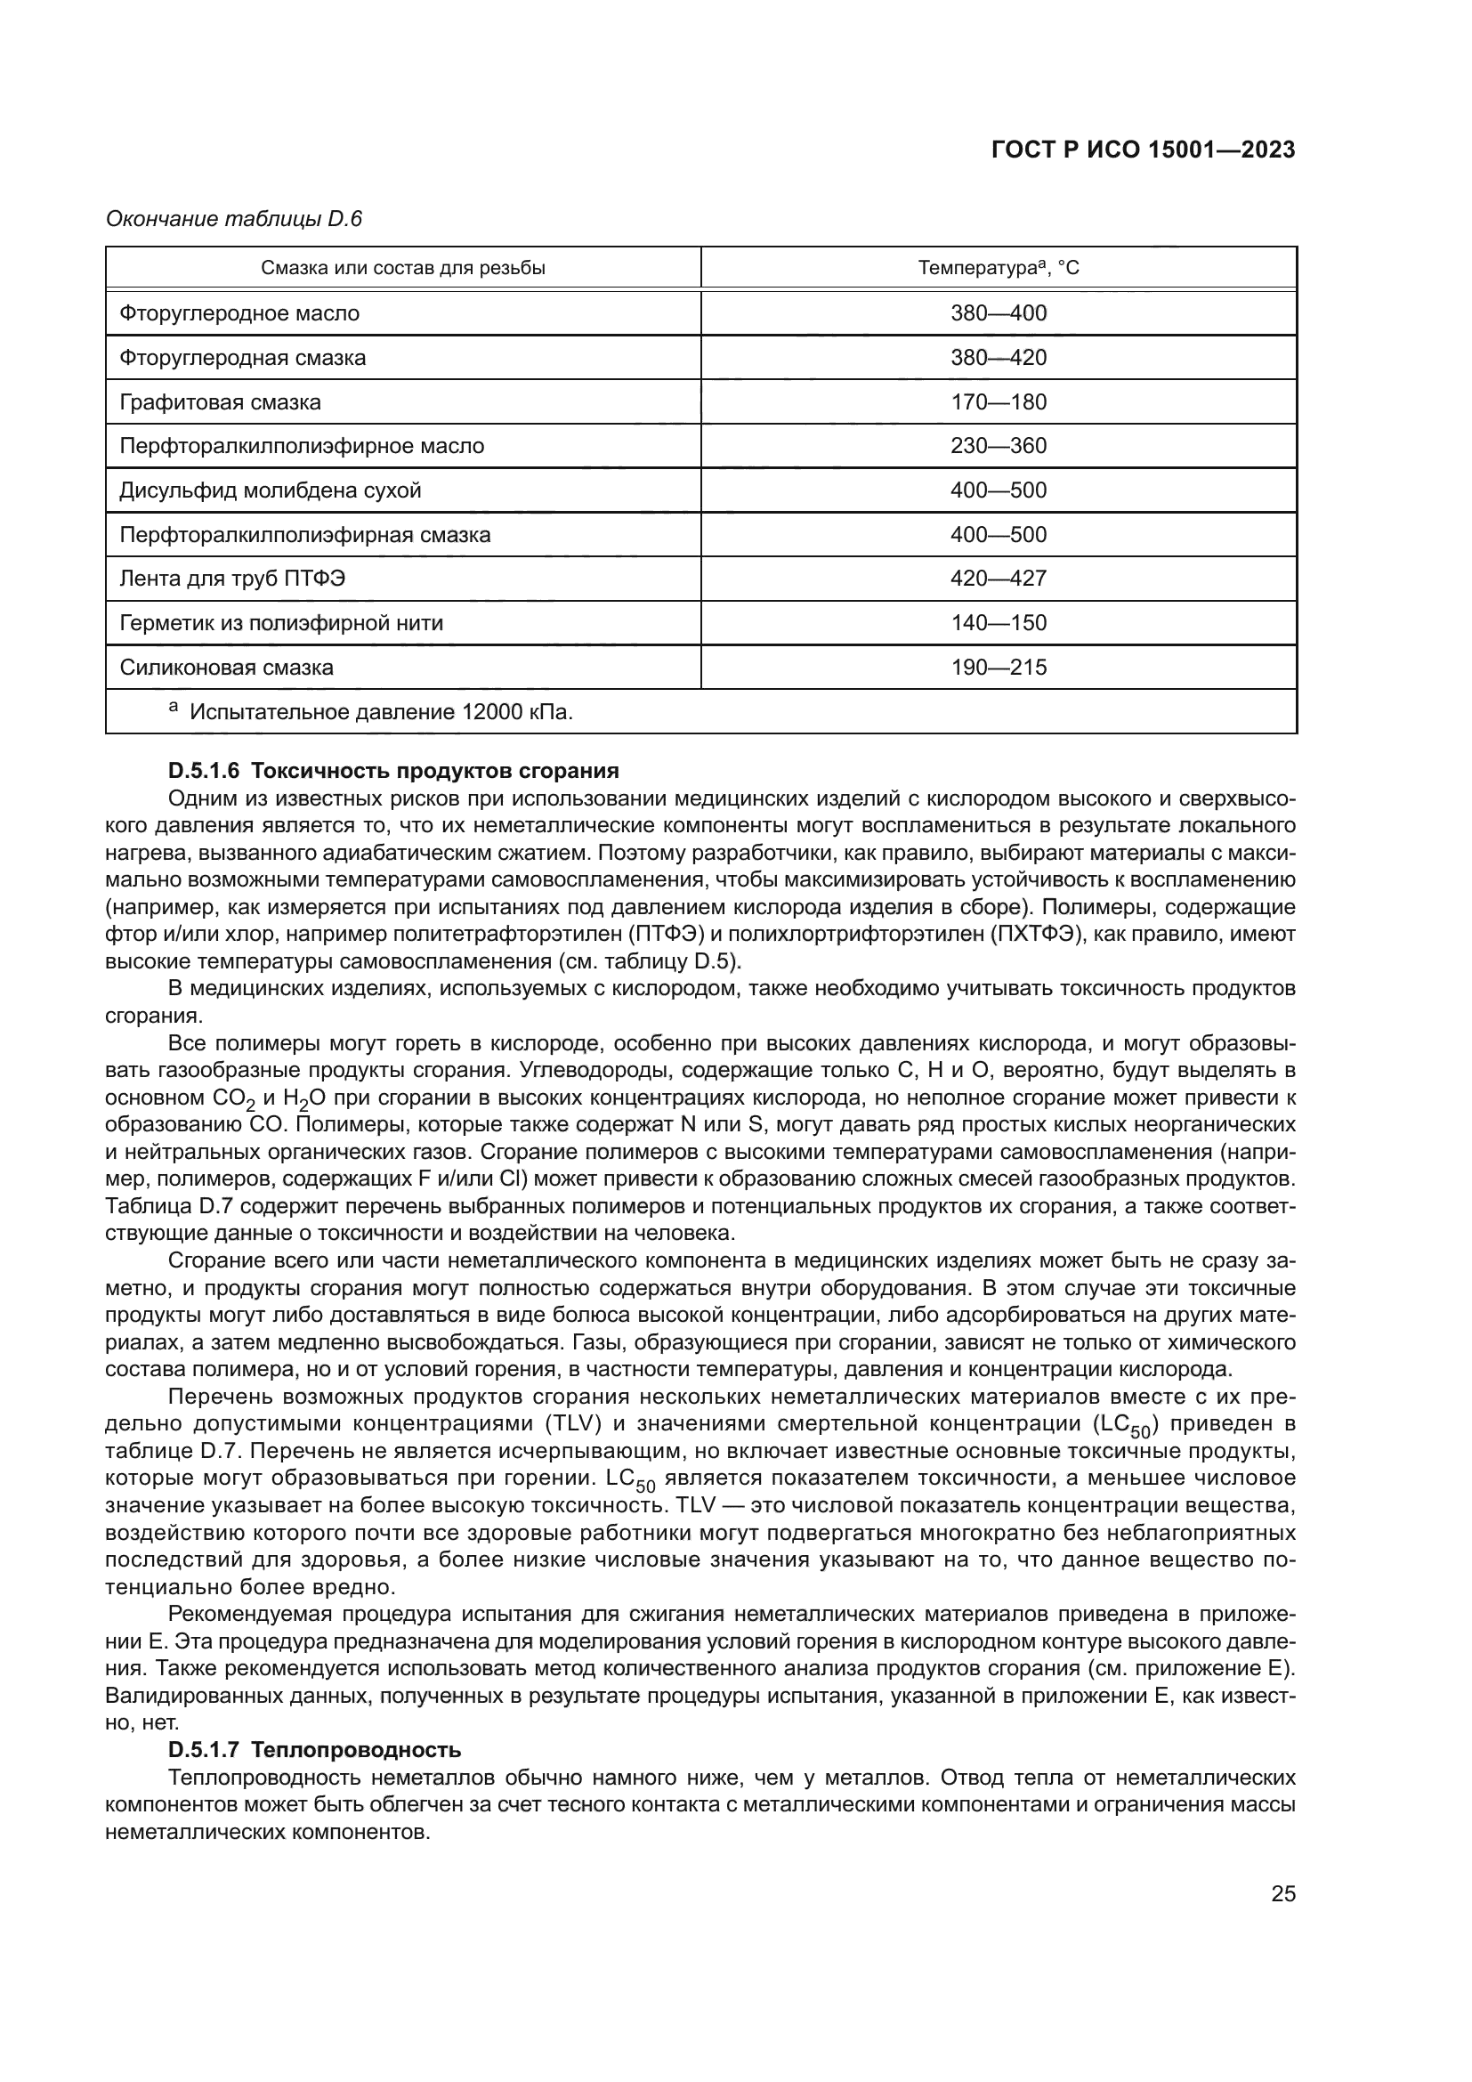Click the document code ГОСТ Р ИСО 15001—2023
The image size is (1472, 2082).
(x=1143, y=150)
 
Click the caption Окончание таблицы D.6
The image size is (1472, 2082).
(x=234, y=219)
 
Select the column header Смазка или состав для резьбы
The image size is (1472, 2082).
(x=403, y=269)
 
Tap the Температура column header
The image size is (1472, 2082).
(x=998, y=269)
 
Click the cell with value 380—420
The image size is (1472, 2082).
(x=998, y=357)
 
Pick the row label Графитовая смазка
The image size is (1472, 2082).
(x=220, y=401)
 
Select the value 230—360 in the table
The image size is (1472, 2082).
(x=998, y=446)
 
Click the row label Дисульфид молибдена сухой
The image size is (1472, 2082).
(x=271, y=490)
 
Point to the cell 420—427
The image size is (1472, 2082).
(x=998, y=579)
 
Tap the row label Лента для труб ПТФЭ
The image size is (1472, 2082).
(x=232, y=579)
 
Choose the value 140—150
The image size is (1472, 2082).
(x=998, y=623)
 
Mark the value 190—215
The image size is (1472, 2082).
(x=998, y=668)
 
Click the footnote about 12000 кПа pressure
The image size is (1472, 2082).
(x=381, y=712)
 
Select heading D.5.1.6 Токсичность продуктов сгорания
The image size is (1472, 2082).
(x=393, y=771)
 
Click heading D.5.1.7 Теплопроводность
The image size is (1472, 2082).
(x=314, y=1750)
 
